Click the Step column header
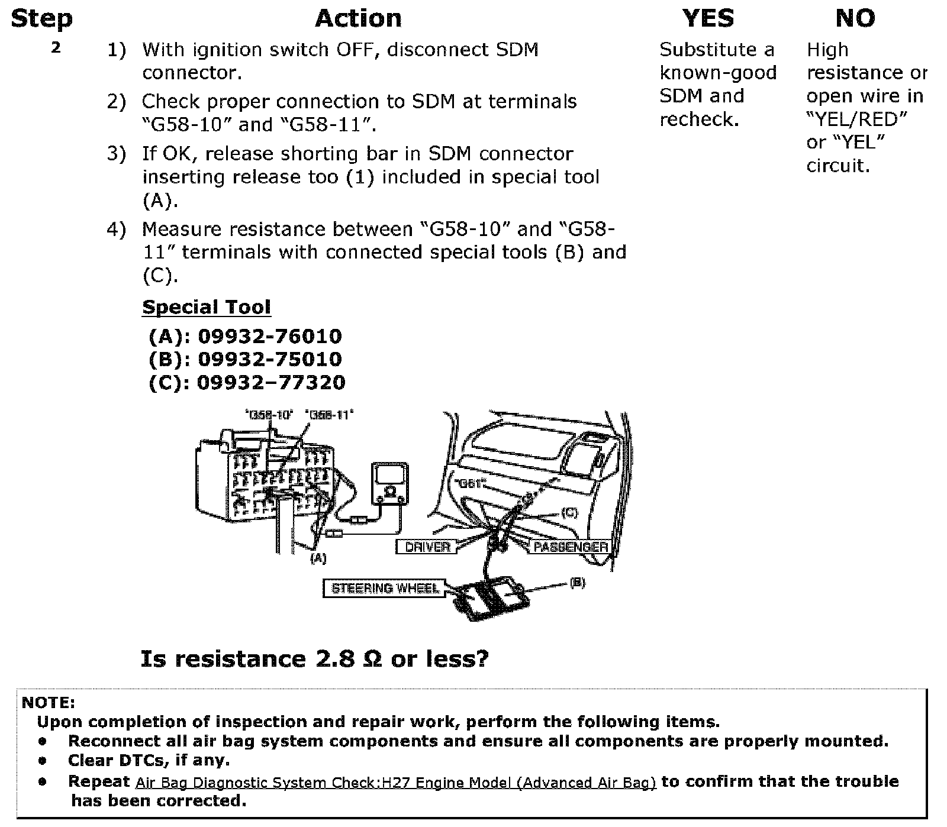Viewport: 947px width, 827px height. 41,18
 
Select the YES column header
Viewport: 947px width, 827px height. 708,18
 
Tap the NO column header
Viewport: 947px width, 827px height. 855,18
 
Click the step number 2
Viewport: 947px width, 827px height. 56,48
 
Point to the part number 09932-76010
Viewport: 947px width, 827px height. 269,337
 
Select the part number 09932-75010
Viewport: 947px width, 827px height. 269,360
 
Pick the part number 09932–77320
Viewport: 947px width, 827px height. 270,383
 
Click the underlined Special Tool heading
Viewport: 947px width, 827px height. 207,307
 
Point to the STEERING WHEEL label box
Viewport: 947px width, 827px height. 385,588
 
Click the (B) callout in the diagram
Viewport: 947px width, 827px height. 577,583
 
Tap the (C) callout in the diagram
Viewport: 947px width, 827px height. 569,512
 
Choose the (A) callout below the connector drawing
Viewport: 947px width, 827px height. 318,558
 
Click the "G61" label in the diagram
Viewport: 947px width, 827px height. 467,483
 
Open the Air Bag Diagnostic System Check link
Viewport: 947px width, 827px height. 395,782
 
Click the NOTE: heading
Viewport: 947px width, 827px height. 49,703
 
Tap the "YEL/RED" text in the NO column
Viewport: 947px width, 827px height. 856,119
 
